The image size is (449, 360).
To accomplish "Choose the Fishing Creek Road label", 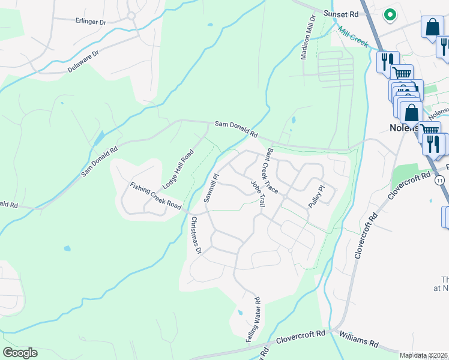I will click(156, 196).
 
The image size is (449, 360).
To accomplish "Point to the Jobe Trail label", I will click(258, 193).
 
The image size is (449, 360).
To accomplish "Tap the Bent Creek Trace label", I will click(273, 171).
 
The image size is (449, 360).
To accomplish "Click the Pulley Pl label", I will click(316, 197).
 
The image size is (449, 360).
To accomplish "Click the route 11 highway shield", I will click(440, 180).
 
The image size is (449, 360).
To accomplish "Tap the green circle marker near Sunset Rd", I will click(390, 14).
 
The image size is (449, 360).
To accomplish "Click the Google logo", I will click(20, 353).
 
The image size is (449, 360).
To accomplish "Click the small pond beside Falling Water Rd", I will click(240, 313).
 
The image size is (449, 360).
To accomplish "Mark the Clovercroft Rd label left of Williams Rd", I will click(300, 337).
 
